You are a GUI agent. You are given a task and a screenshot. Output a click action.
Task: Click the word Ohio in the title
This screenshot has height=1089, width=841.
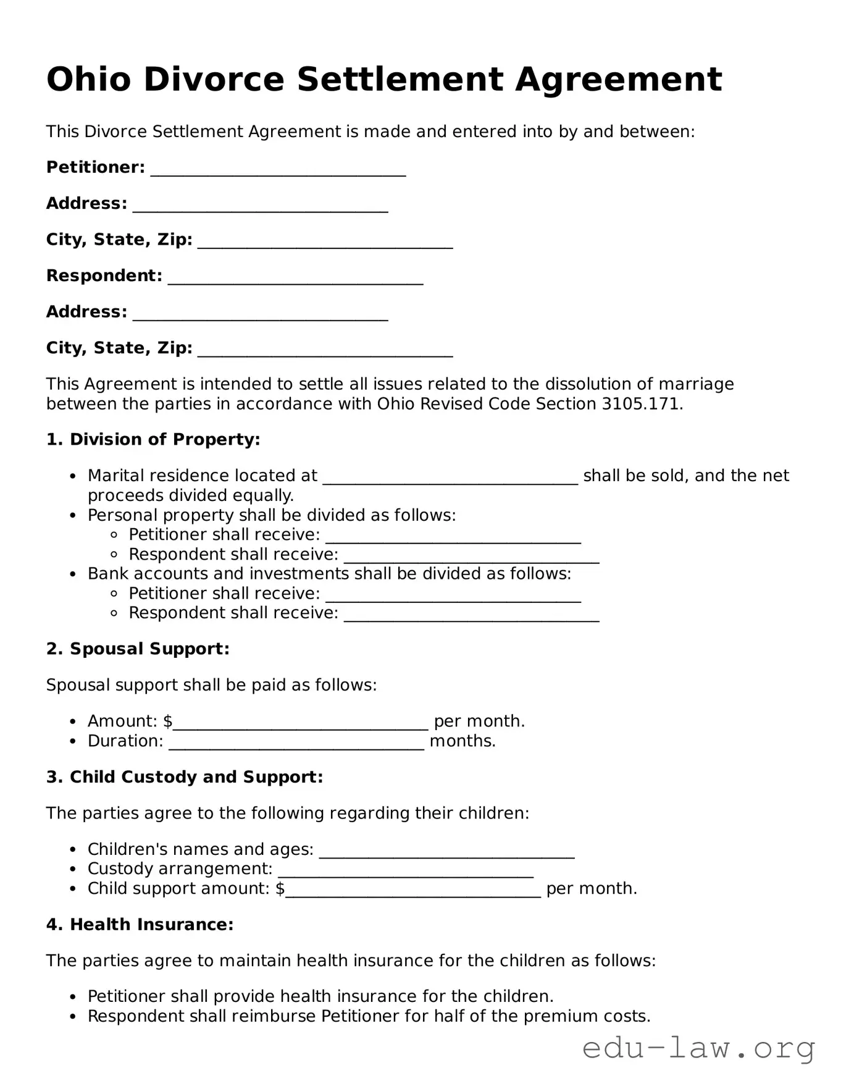pos(88,80)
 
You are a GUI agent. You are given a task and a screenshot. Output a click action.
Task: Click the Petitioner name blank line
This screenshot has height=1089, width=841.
pos(278,169)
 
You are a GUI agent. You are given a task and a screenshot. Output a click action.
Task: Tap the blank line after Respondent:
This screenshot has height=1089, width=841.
pos(295,278)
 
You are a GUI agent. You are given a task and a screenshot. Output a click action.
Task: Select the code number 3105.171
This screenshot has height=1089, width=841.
pos(640,404)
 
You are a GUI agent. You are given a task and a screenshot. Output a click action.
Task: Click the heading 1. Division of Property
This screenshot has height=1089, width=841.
pos(153,440)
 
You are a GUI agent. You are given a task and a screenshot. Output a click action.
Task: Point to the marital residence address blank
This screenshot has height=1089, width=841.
pos(450,478)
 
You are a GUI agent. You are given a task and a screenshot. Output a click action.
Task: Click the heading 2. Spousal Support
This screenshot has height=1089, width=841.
pos(138,649)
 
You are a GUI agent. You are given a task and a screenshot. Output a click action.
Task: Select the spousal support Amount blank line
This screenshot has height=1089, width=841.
pos(301,723)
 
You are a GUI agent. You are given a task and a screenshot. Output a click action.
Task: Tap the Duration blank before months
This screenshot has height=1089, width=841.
pos(296,743)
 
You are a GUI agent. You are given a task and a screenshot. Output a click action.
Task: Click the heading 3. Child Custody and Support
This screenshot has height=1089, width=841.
pos(185,777)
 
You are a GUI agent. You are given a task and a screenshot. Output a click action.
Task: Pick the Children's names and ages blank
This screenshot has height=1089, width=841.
pos(446,852)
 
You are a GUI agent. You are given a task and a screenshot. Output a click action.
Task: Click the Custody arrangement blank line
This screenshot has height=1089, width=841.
pos(406,871)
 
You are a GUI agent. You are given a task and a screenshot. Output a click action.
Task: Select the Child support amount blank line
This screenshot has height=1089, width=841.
pos(413,891)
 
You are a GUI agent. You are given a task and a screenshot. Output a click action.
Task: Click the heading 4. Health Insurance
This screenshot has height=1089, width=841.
pos(140,925)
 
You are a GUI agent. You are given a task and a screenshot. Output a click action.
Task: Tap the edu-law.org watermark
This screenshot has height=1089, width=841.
pos(698,1048)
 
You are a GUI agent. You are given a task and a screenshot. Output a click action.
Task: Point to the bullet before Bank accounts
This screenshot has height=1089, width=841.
pos(73,574)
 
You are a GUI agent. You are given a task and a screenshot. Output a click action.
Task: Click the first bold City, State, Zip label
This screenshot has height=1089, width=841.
pos(119,240)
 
